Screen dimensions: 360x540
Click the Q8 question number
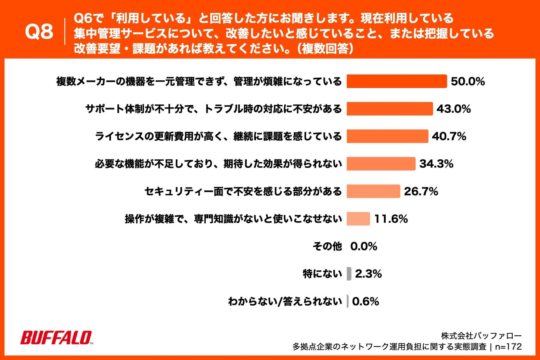(x=39, y=31)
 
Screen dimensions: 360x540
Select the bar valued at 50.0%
(x=397, y=81)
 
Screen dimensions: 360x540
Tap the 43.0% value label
(x=453, y=109)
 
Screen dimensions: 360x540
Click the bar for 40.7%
(x=387, y=136)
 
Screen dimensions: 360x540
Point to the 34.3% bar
(x=381, y=164)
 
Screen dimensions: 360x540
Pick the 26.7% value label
(x=421, y=191)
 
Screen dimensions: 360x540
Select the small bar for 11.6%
(x=358, y=219)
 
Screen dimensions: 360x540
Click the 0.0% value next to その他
(x=363, y=246)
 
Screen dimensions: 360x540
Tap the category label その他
(x=327, y=246)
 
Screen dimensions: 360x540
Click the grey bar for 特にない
(x=349, y=274)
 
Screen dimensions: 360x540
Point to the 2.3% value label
(x=368, y=274)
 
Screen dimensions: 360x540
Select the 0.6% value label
(x=365, y=301)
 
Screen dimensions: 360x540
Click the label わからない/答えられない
(x=285, y=301)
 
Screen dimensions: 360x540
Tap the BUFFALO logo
(x=56, y=337)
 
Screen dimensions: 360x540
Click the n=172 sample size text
(x=508, y=346)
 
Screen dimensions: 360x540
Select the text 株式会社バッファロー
(x=481, y=336)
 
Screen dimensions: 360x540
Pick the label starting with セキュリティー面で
(x=243, y=191)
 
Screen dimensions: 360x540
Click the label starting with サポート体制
(x=213, y=109)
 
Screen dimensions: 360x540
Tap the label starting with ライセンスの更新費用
(x=218, y=136)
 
